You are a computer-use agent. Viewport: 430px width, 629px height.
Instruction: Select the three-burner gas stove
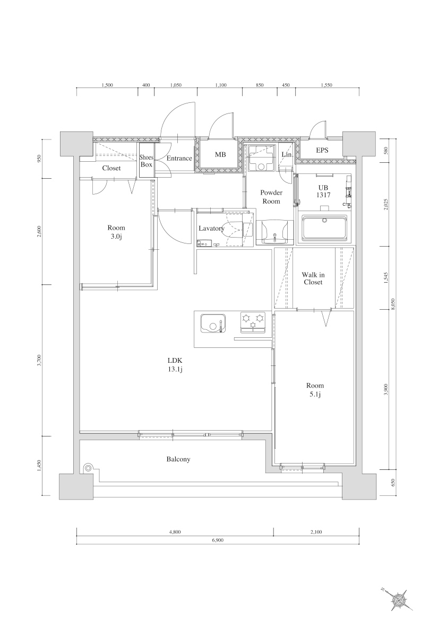253,321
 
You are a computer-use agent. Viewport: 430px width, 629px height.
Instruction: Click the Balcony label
178,459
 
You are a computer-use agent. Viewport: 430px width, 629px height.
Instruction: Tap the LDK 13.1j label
176,365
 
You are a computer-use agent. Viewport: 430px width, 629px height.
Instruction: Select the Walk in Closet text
313,278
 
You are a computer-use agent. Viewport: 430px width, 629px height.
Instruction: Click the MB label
220,155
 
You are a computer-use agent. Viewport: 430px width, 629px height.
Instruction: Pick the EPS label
322,151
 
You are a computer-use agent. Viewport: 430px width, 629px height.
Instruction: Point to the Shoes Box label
146,161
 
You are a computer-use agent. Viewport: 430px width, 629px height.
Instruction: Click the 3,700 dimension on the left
39,361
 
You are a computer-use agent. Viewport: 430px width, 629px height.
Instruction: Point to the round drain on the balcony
88,468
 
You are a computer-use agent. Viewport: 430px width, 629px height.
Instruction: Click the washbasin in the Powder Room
274,232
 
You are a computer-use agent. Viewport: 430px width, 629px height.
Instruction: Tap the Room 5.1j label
315,390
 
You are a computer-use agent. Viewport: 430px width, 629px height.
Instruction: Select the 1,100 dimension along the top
221,85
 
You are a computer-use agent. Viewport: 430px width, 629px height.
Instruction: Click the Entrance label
179,159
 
